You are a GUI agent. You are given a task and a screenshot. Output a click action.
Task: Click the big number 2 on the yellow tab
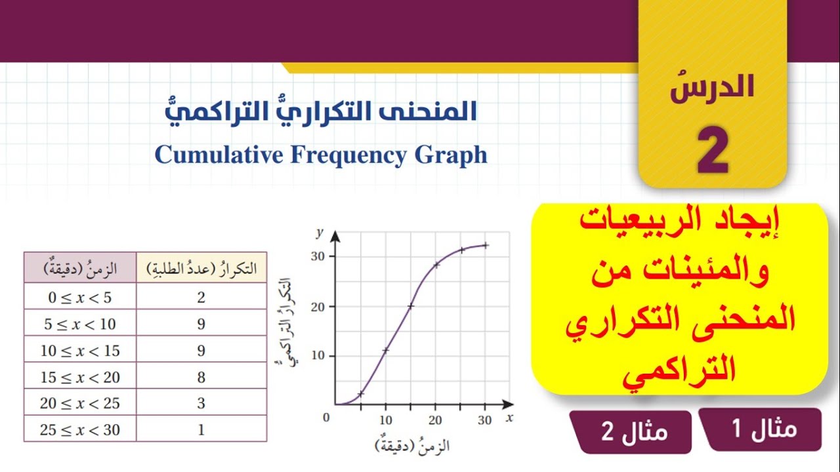[713, 151]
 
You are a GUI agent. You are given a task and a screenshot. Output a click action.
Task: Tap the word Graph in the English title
[451, 156]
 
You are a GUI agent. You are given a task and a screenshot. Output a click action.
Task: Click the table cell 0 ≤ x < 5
[80, 297]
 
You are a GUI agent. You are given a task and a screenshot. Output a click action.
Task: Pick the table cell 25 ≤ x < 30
[80, 429]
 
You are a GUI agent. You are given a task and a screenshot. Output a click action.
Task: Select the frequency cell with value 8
[201, 377]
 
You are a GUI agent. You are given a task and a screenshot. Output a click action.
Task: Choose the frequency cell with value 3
[201, 403]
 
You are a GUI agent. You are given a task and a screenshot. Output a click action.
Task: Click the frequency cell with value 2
[201, 297]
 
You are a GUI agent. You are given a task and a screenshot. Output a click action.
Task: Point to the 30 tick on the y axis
[319, 256]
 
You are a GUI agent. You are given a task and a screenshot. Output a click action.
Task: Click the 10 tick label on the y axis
[319, 356]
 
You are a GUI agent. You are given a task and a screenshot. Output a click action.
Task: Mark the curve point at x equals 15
[411, 305]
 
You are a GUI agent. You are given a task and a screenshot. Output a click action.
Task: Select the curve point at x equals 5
[361, 393]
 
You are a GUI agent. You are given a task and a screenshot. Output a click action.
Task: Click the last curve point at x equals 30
[486, 245]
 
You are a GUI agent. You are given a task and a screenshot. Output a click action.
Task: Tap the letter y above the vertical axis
[320, 232]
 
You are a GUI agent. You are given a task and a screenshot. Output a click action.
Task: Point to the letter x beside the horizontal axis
[509, 417]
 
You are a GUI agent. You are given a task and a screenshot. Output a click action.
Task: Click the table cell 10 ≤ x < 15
[80, 350]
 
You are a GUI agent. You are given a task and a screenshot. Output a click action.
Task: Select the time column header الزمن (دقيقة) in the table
[80, 267]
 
